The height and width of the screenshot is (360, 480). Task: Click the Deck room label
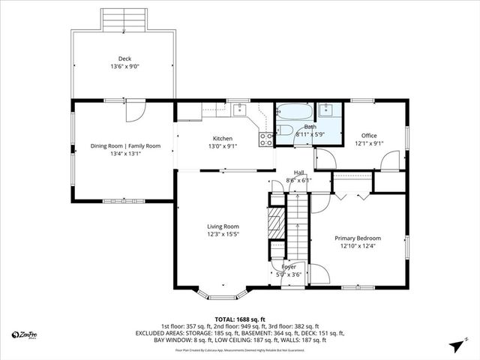(124, 58)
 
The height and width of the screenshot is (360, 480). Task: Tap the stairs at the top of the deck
(124, 18)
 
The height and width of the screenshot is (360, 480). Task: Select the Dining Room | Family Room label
(125, 145)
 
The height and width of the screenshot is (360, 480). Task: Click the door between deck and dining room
(133, 110)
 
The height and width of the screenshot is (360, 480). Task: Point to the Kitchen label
(222, 139)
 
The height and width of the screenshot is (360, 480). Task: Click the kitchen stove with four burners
(265, 136)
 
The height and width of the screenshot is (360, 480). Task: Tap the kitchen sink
(240, 110)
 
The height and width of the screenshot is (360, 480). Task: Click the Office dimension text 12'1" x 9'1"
(369, 143)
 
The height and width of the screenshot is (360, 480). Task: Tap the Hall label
(298, 172)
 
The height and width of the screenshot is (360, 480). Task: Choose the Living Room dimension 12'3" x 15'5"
(223, 234)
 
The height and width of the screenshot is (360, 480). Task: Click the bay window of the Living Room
(223, 291)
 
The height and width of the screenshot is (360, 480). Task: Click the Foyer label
(289, 266)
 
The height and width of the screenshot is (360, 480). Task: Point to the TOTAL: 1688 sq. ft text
(240, 319)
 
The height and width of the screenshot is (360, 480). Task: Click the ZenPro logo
(25, 334)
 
